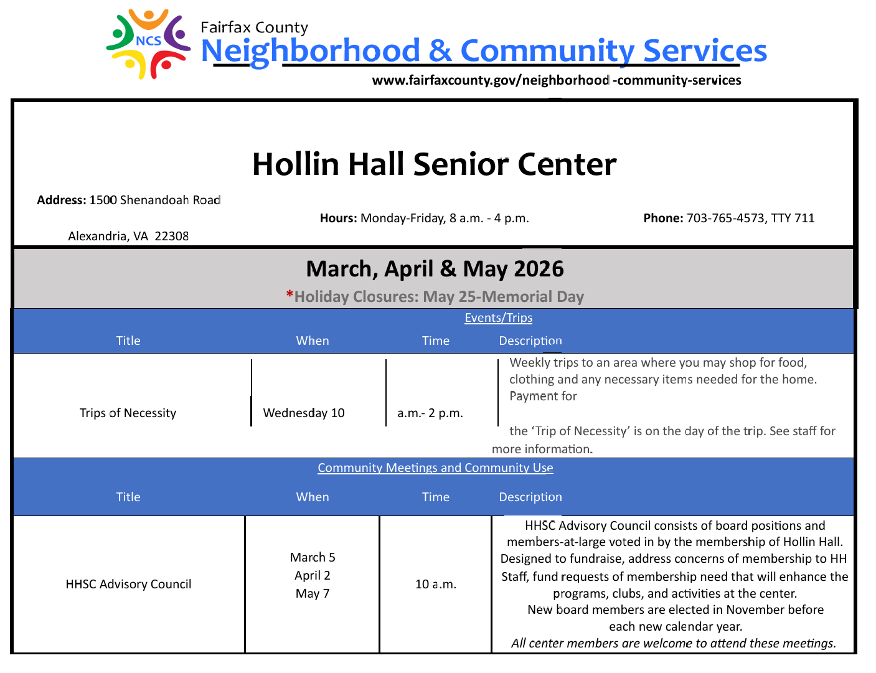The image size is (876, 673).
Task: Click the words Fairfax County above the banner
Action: (254, 27)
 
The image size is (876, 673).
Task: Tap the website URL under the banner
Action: (556, 80)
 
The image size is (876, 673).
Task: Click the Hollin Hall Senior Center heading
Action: (434, 164)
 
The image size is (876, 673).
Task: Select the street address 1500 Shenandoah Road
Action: (154, 200)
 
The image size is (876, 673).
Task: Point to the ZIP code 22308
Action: (172, 236)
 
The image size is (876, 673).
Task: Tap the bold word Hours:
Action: (338, 218)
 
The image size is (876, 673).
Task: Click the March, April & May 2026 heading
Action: (435, 269)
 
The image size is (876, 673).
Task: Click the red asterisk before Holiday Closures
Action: (290, 294)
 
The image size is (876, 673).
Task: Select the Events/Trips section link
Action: (498, 318)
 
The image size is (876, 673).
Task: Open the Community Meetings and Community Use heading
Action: (435, 468)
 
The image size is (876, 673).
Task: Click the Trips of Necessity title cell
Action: (128, 413)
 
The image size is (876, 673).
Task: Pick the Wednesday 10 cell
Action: (304, 413)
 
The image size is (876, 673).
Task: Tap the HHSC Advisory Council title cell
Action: (128, 584)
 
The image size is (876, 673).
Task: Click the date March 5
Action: (313, 557)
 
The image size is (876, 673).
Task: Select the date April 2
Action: (313, 575)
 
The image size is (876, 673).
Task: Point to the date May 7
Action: (313, 593)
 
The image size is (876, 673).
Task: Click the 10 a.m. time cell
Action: (435, 584)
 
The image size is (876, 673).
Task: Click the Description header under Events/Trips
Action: (530, 341)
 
